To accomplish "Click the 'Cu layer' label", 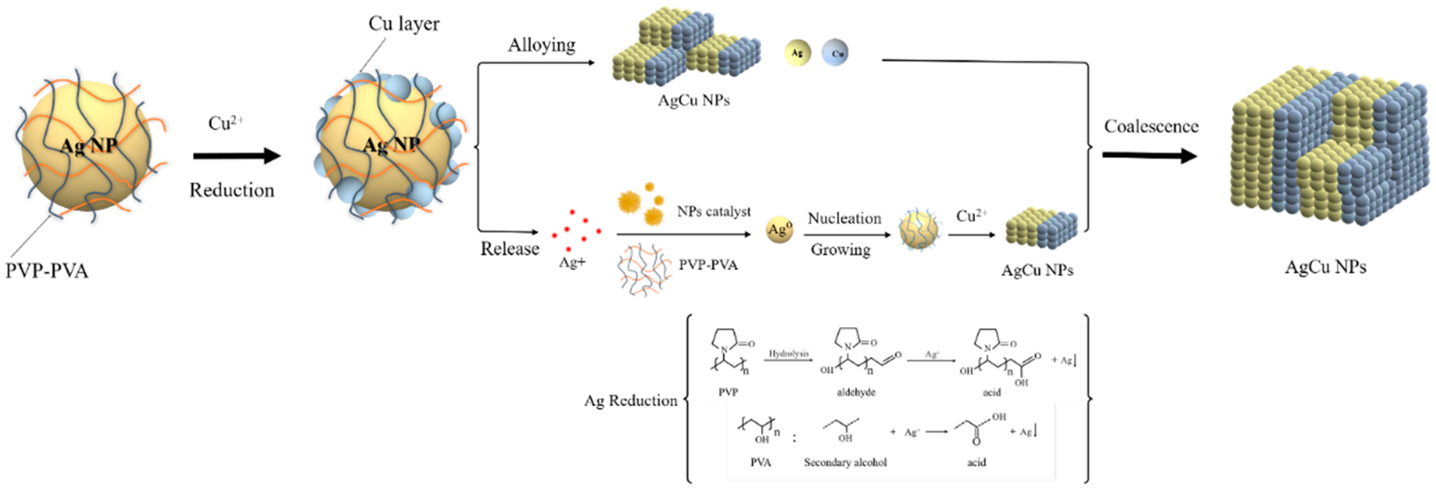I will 404,24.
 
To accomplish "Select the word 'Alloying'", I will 541,45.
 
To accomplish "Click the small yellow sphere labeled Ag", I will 797,53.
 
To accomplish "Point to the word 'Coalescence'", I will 1151,126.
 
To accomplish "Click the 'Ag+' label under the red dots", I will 572,262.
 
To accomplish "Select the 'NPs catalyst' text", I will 713,212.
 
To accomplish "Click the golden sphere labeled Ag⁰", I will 779,229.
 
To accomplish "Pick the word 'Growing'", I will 840,250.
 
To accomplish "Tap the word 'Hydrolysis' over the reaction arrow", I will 788,353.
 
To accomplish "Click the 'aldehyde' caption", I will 856,392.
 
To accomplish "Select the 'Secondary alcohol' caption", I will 845,462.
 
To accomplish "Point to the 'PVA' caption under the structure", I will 760,462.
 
